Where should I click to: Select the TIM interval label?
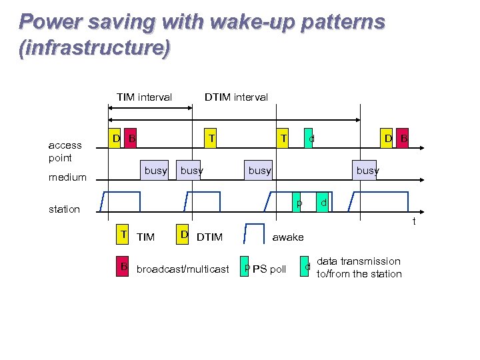click(x=144, y=97)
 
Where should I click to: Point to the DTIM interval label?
click(x=236, y=97)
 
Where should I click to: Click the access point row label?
click(x=65, y=151)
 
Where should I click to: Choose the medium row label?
click(x=67, y=177)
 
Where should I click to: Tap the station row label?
click(x=64, y=209)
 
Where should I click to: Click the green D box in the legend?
click(x=184, y=234)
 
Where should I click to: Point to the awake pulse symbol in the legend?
click(x=254, y=235)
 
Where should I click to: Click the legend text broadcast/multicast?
click(x=182, y=269)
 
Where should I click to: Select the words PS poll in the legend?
click(x=269, y=269)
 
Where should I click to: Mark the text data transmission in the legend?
click(x=358, y=261)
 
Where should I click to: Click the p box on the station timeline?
click(x=299, y=203)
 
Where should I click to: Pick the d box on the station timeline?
click(x=323, y=203)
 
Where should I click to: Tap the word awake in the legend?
click(x=288, y=237)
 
